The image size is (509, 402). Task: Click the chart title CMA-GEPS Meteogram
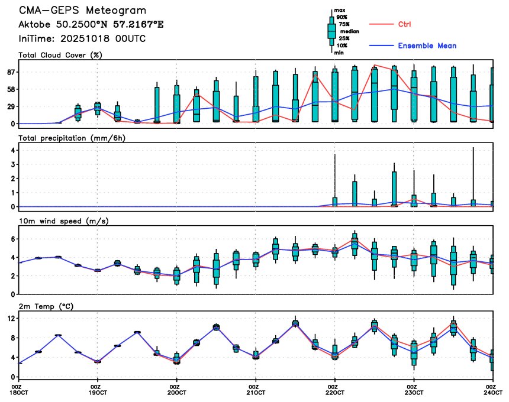(82, 11)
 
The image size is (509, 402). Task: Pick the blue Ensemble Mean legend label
(427, 46)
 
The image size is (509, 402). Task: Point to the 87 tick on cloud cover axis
(10, 72)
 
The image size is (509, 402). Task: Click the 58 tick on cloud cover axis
(10, 89)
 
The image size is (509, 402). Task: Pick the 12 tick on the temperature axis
(10, 319)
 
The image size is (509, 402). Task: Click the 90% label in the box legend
(342, 17)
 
